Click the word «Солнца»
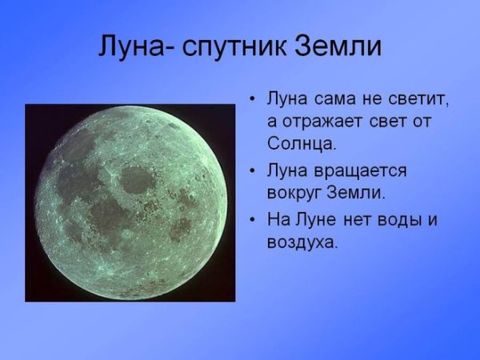pos(301,145)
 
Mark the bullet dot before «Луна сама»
pos(252,101)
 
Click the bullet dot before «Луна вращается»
pos(252,172)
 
